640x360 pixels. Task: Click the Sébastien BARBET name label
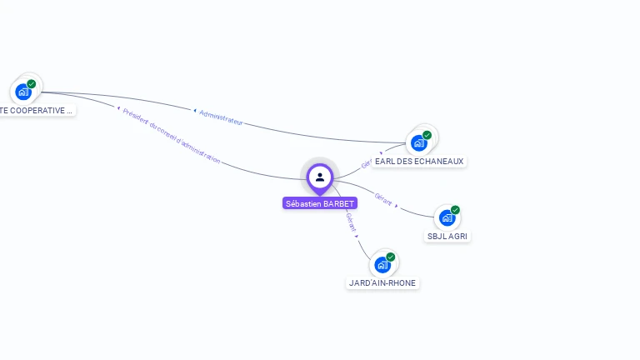coord(320,203)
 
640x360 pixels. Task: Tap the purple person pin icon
coord(320,177)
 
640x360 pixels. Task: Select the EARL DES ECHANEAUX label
coord(419,161)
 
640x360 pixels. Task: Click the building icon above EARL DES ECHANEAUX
coord(419,142)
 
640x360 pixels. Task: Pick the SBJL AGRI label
coord(447,236)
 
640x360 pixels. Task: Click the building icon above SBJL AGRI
coord(447,218)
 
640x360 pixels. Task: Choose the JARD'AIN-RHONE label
coord(382,282)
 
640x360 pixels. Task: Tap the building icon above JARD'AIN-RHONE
coord(382,265)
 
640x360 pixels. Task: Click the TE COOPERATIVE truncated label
coord(36,110)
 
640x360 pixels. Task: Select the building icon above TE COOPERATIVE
coord(23,92)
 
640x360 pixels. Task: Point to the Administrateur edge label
coord(221,117)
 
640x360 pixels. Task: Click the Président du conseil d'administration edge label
coord(172,135)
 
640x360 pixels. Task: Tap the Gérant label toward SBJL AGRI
coord(383,200)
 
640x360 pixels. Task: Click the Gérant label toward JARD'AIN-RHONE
coord(351,221)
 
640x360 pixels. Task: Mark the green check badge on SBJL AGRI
coord(455,210)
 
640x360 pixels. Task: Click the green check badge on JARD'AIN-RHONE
coord(390,257)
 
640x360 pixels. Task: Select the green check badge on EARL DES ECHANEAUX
coord(427,135)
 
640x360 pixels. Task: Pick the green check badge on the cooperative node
coord(32,83)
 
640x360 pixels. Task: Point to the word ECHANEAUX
coord(437,161)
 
